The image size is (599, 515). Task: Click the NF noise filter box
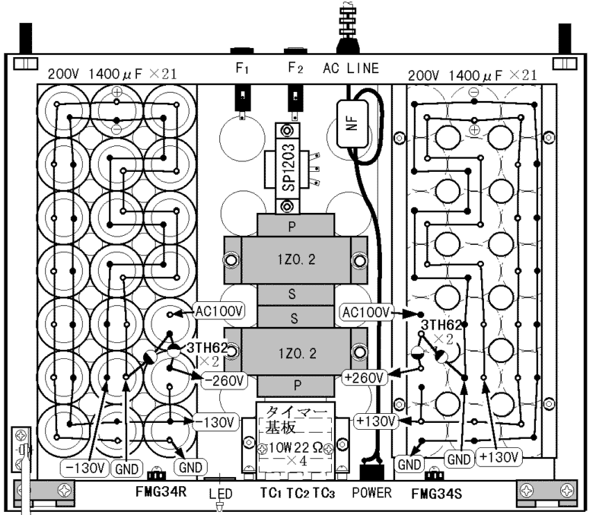pyautogui.click(x=352, y=123)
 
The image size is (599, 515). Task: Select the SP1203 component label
pyautogui.click(x=288, y=167)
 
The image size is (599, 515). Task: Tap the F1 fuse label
pyautogui.click(x=242, y=68)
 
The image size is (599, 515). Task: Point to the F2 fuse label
pyautogui.click(x=295, y=68)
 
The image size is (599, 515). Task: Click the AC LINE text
pyautogui.click(x=351, y=68)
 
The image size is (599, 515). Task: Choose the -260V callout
pyautogui.click(x=225, y=380)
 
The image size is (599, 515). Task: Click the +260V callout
pyautogui.click(x=365, y=377)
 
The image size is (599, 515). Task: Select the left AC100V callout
pyautogui.click(x=219, y=312)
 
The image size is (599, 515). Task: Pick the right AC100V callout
pyautogui.click(x=366, y=313)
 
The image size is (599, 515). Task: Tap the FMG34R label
pyautogui.click(x=161, y=491)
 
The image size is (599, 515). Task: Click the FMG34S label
pyautogui.click(x=436, y=494)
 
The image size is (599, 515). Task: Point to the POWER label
pyautogui.click(x=371, y=492)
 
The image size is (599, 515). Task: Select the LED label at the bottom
pyautogui.click(x=221, y=494)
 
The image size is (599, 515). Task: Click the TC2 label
pyautogui.click(x=298, y=493)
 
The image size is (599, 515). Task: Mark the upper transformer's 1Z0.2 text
pyautogui.click(x=296, y=259)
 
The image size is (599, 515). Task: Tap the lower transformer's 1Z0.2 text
pyautogui.click(x=297, y=354)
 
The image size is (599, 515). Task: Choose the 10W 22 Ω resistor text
pyautogui.click(x=295, y=447)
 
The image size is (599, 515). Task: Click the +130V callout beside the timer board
pyautogui.click(x=376, y=421)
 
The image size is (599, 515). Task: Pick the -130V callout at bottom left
pyautogui.click(x=84, y=468)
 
